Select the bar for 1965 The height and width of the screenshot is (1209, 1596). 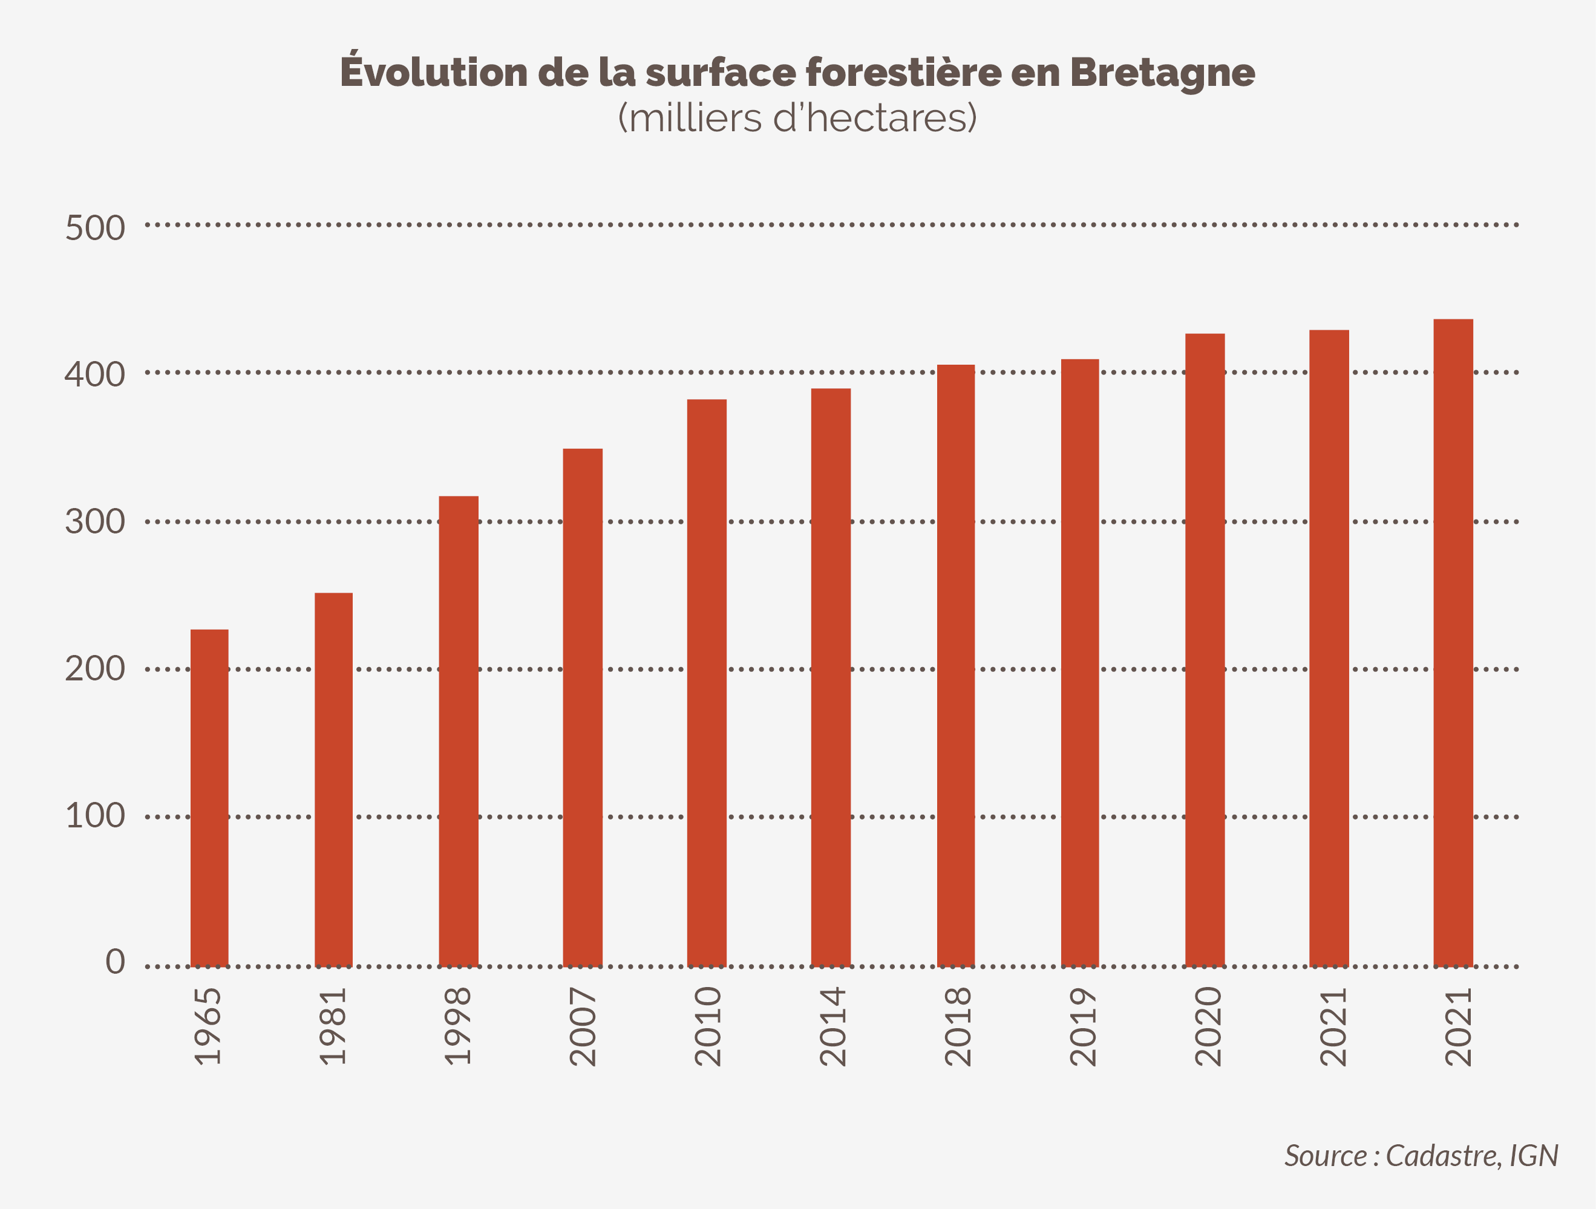[x=209, y=797]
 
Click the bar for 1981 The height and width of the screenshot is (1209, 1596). [x=333, y=779]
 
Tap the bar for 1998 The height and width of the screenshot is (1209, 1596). [x=458, y=731]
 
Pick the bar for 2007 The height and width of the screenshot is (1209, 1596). [x=582, y=707]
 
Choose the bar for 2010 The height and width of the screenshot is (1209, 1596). [x=707, y=682]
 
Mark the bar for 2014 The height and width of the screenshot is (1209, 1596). [x=831, y=677]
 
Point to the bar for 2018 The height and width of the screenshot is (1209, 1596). [x=955, y=665]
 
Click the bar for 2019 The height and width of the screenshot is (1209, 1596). [x=1079, y=662]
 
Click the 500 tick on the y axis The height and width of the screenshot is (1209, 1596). [x=95, y=228]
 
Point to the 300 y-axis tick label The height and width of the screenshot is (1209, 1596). [x=95, y=521]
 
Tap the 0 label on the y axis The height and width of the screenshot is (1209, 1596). [x=116, y=962]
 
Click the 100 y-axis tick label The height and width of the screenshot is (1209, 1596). [x=95, y=816]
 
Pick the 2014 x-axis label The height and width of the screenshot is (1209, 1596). [x=832, y=1026]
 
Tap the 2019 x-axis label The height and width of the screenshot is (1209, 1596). [x=1082, y=1026]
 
